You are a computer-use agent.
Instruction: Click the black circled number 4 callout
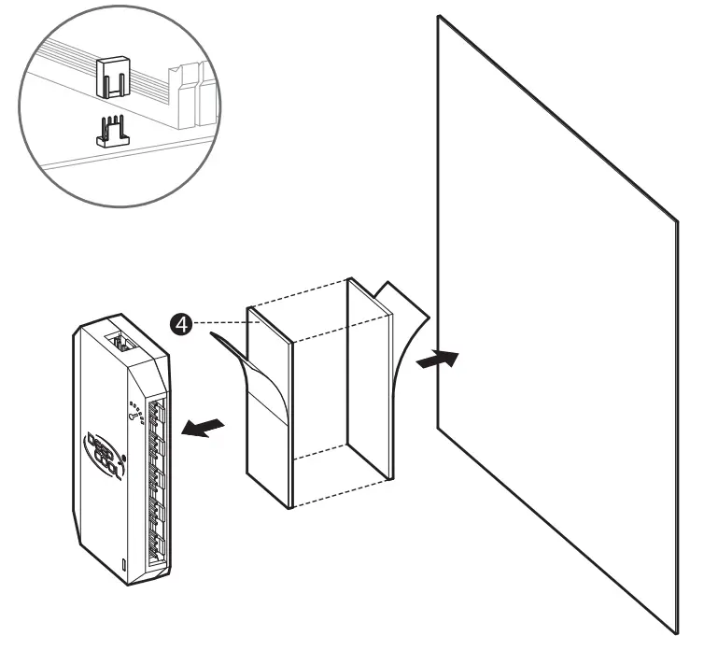click(184, 324)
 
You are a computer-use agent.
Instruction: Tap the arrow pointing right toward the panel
click(438, 359)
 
